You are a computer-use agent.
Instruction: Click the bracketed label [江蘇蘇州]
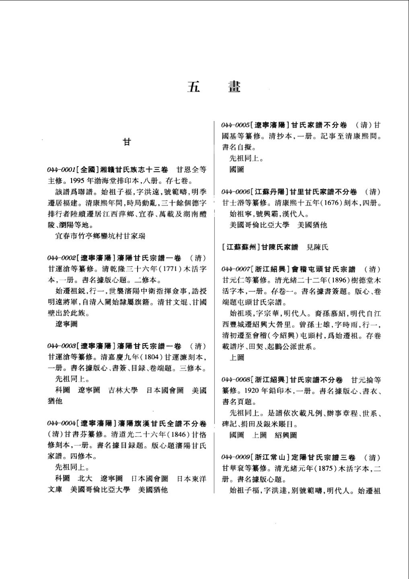[240, 247]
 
